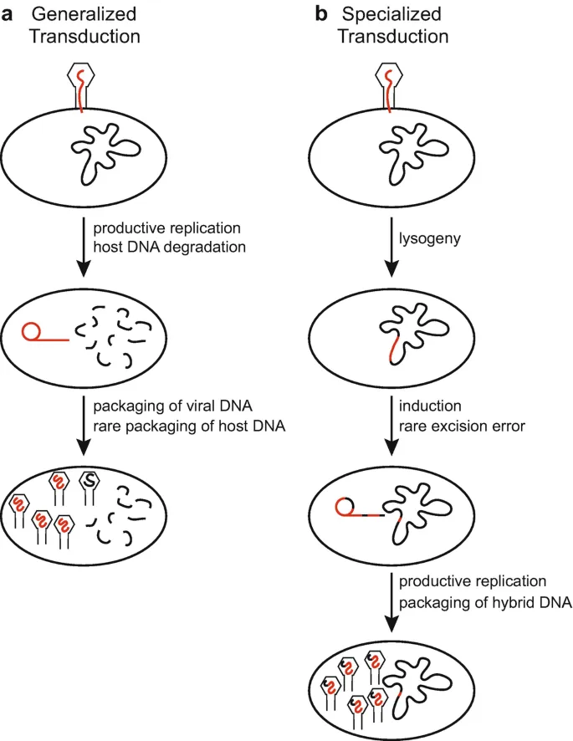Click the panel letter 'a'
(11, 15)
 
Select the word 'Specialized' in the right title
(399, 15)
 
